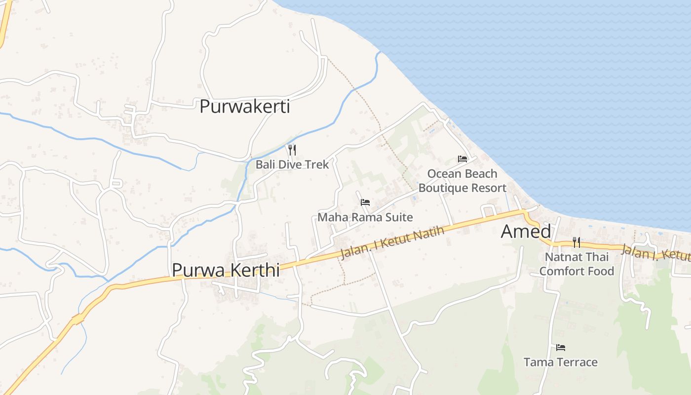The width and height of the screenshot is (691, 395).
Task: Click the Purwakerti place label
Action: tap(244, 107)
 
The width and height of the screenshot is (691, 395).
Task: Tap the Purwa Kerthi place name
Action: tap(226, 270)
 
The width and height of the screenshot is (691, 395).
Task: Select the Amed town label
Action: tap(526, 232)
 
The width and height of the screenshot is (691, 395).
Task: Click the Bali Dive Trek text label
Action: tap(292, 164)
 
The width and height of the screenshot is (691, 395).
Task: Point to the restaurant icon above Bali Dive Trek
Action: tap(292, 150)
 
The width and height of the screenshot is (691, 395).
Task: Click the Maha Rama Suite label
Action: tap(365, 217)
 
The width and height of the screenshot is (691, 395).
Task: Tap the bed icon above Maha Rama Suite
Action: tap(365, 202)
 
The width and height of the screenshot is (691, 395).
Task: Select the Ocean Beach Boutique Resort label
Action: tap(462, 181)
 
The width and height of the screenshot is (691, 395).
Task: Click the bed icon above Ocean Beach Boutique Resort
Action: tap(462, 159)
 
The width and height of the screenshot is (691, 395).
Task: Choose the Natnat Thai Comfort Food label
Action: tap(576, 264)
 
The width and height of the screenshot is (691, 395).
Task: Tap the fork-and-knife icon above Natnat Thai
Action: tap(576, 242)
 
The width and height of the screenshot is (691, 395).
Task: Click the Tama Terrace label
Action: tap(560, 362)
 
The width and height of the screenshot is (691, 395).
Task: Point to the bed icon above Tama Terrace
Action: tap(560, 348)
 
